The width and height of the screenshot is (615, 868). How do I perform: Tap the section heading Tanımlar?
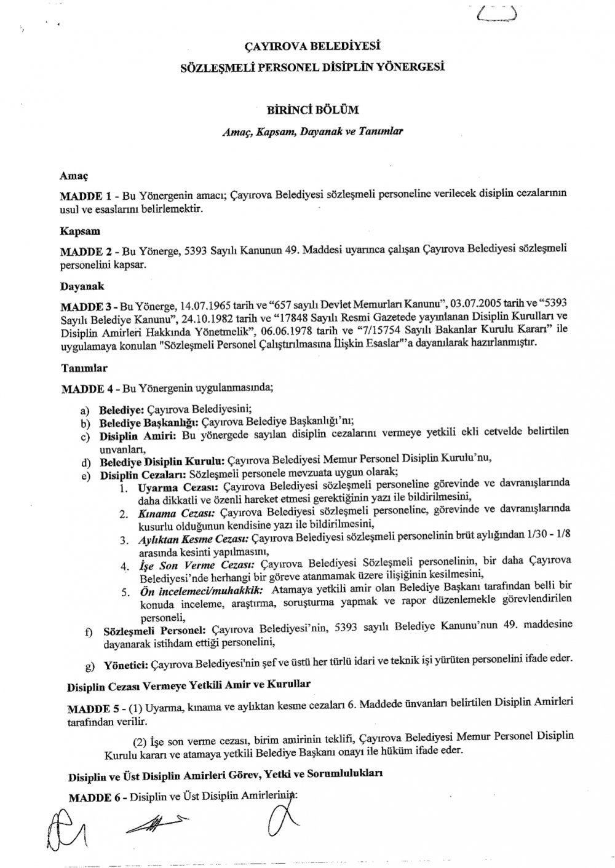point(84,368)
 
